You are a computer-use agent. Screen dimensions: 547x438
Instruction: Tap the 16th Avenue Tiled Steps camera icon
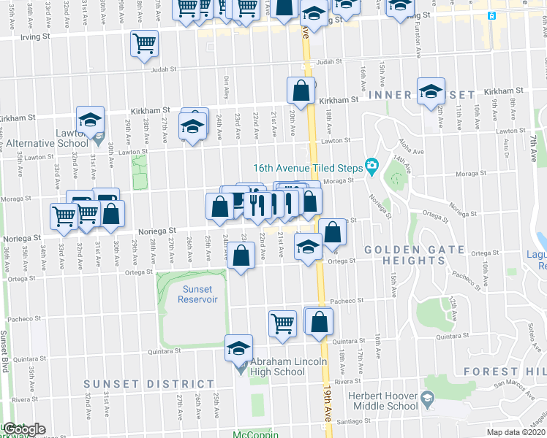[371, 167]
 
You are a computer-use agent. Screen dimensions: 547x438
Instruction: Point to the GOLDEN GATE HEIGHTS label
[414, 255]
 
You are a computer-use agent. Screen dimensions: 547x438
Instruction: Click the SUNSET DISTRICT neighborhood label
[149, 383]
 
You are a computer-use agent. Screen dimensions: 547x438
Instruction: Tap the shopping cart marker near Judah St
[144, 45]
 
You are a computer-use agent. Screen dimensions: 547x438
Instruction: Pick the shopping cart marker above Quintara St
[282, 322]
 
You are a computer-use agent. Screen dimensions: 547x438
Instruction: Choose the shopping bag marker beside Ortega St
[241, 256]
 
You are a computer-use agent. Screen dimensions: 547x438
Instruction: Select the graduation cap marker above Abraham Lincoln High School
[238, 347]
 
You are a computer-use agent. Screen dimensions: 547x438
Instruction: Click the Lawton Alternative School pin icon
[99, 135]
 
